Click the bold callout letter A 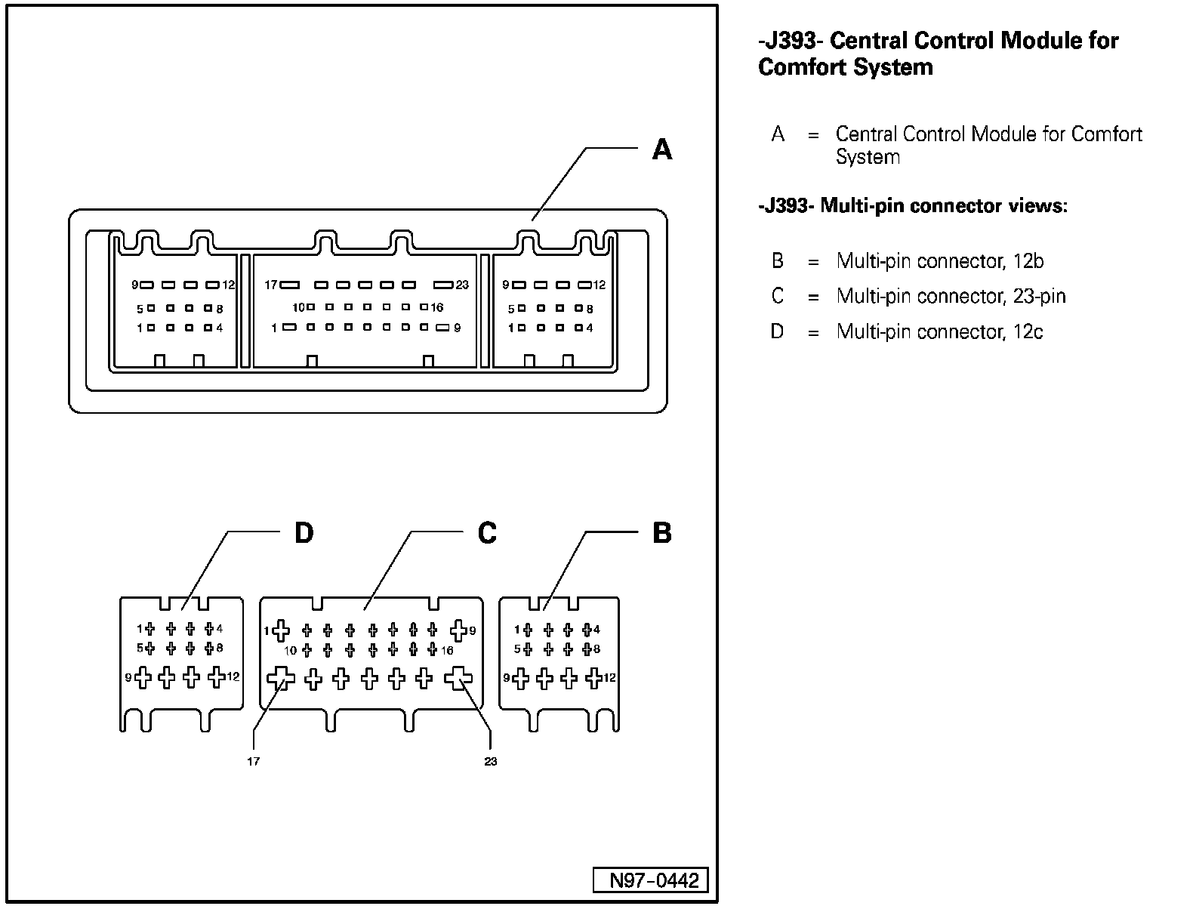[x=661, y=149]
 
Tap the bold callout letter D [x=303, y=533]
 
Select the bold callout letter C [x=487, y=533]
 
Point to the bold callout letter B [x=661, y=533]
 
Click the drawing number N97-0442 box [x=650, y=880]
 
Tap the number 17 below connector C [x=253, y=761]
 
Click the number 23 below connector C [x=491, y=761]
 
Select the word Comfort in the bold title [x=802, y=67]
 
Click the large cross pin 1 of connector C [x=281, y=630]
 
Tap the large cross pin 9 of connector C [x=458, y=630]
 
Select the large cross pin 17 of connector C [x=281, y=678]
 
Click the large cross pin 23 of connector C [x=458, y=679]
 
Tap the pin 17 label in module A [x=271, y=285]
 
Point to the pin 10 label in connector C [x=290, y=650]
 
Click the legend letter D [x=778, y=331]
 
